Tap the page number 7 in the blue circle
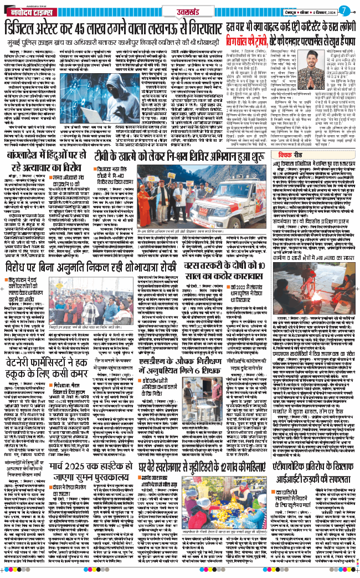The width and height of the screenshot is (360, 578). [345, 10]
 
